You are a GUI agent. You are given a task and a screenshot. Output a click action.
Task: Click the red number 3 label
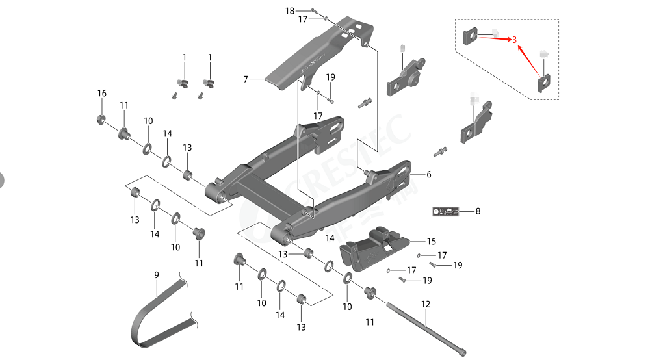[x=514, y=40]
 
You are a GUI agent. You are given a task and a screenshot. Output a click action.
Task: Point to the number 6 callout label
[x=428, y=175]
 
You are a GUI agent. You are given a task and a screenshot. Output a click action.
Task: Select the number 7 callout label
[x=246, y=79]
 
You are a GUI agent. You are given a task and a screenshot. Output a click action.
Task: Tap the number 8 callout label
[x=478, y=211]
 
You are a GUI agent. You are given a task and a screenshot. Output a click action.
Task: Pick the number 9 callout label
[x=157, y=275]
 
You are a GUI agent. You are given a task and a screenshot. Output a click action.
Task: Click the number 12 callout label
[x=426, y=303]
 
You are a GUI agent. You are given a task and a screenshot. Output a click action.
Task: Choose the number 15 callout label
[x=432, y=241]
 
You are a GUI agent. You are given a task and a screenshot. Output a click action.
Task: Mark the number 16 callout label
[x=101, y=94]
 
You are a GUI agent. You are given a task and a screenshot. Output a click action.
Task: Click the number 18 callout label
[x=290, y=11]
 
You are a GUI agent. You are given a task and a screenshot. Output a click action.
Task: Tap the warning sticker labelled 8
[x=446, y=211]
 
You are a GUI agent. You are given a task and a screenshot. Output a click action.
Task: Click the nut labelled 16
[x=101, y=118]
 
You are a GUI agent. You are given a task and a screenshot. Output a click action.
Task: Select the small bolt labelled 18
[x=313, y=11]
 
